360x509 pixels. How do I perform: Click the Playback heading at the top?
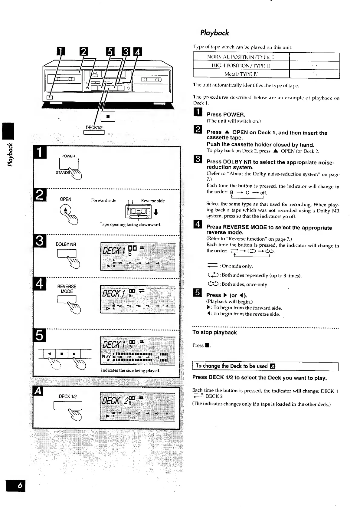pos(214,33)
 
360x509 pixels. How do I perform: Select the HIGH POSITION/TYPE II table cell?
pos(241,65)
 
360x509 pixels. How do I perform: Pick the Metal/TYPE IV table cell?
pos(241,74)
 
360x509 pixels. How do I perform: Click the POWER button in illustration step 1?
pos(69,164)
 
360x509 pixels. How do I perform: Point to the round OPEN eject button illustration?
pos(66,210)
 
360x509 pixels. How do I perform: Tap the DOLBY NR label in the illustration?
pos(66,244)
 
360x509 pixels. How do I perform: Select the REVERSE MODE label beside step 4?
pos(67,289)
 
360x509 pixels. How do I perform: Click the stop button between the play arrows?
pos(62,353)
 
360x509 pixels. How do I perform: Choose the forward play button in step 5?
pos(74,353)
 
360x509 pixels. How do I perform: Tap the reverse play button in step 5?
pos(50,353)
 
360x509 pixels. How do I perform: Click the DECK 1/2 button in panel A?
pos(68,406)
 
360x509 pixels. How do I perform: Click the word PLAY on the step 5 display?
pos(106,357)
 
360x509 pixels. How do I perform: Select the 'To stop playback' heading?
pos(214,332)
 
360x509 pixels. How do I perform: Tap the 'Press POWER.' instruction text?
pos(226,114)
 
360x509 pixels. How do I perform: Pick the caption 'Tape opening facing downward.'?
pos(130,225)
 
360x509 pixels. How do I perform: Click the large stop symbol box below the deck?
pos(108,116)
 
